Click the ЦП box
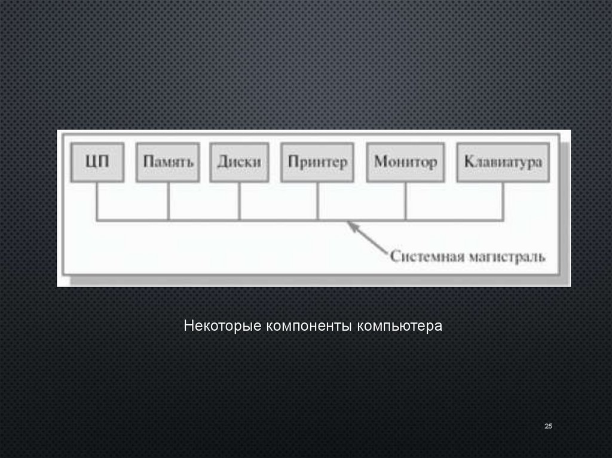tap(97, 162)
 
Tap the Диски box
tap(239, 162)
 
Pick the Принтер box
tap(317, 162)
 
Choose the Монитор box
tap(405, 162)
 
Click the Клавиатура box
tap(503, 162)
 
